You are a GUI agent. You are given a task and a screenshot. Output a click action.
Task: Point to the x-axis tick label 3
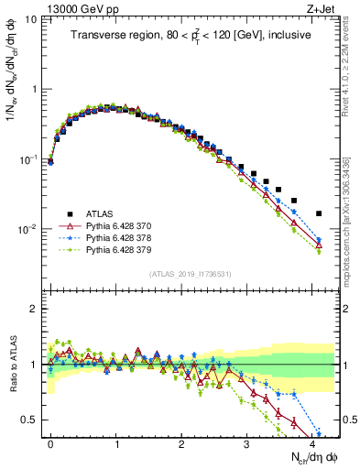click(x=246, y=442)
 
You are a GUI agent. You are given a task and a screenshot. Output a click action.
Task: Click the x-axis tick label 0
click(x=50, y=442)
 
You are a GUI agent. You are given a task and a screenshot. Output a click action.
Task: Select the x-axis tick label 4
click(x=311, y=442)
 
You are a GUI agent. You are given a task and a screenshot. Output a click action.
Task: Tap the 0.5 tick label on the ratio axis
click(x=30, y=420)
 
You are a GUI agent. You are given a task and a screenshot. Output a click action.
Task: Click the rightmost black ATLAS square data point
click(x=318, y=213)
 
